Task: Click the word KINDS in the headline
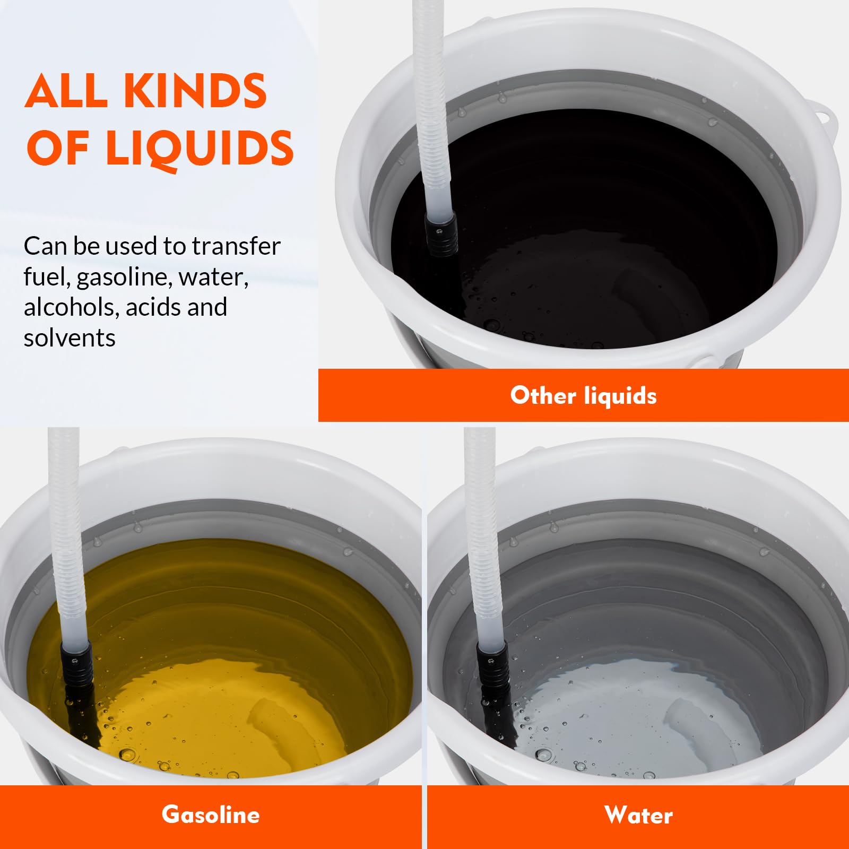tap(195, 91)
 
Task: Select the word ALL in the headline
tap(66, 91)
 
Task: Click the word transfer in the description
tap(236, 246)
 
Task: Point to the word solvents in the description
tap(70, 337)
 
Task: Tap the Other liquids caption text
tap(584, 395)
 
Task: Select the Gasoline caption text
tap(211, 815)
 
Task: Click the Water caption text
tap(638, 815)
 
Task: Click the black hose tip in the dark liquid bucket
tap(442, 233)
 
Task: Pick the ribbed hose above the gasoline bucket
tap(67, 536)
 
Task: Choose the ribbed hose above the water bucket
tap(483, 536)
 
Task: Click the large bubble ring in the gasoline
tap(127, 755)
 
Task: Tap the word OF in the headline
tap(57, 149)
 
